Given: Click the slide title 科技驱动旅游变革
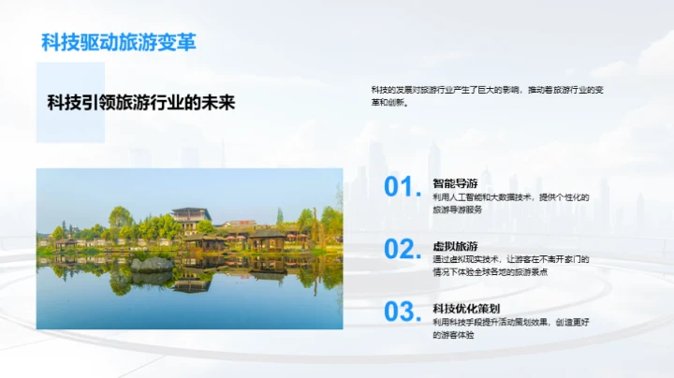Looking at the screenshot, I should click(118, 42).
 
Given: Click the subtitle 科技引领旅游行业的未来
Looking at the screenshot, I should click(141, 102).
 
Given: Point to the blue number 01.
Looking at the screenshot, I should click(403, 186).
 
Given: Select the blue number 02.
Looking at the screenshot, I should click(403, 249).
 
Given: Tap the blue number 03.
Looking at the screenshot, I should click(403, 312).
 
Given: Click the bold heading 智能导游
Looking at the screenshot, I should click(455, 184).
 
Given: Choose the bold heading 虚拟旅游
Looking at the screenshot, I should click(455, 245).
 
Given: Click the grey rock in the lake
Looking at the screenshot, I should click(152, 264).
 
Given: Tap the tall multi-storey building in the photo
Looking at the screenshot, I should click(191, 221).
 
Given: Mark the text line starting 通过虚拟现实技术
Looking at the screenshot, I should click(511, 259).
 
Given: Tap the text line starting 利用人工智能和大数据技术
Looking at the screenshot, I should click(510, 197).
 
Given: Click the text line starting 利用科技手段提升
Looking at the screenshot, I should click(509, 321).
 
